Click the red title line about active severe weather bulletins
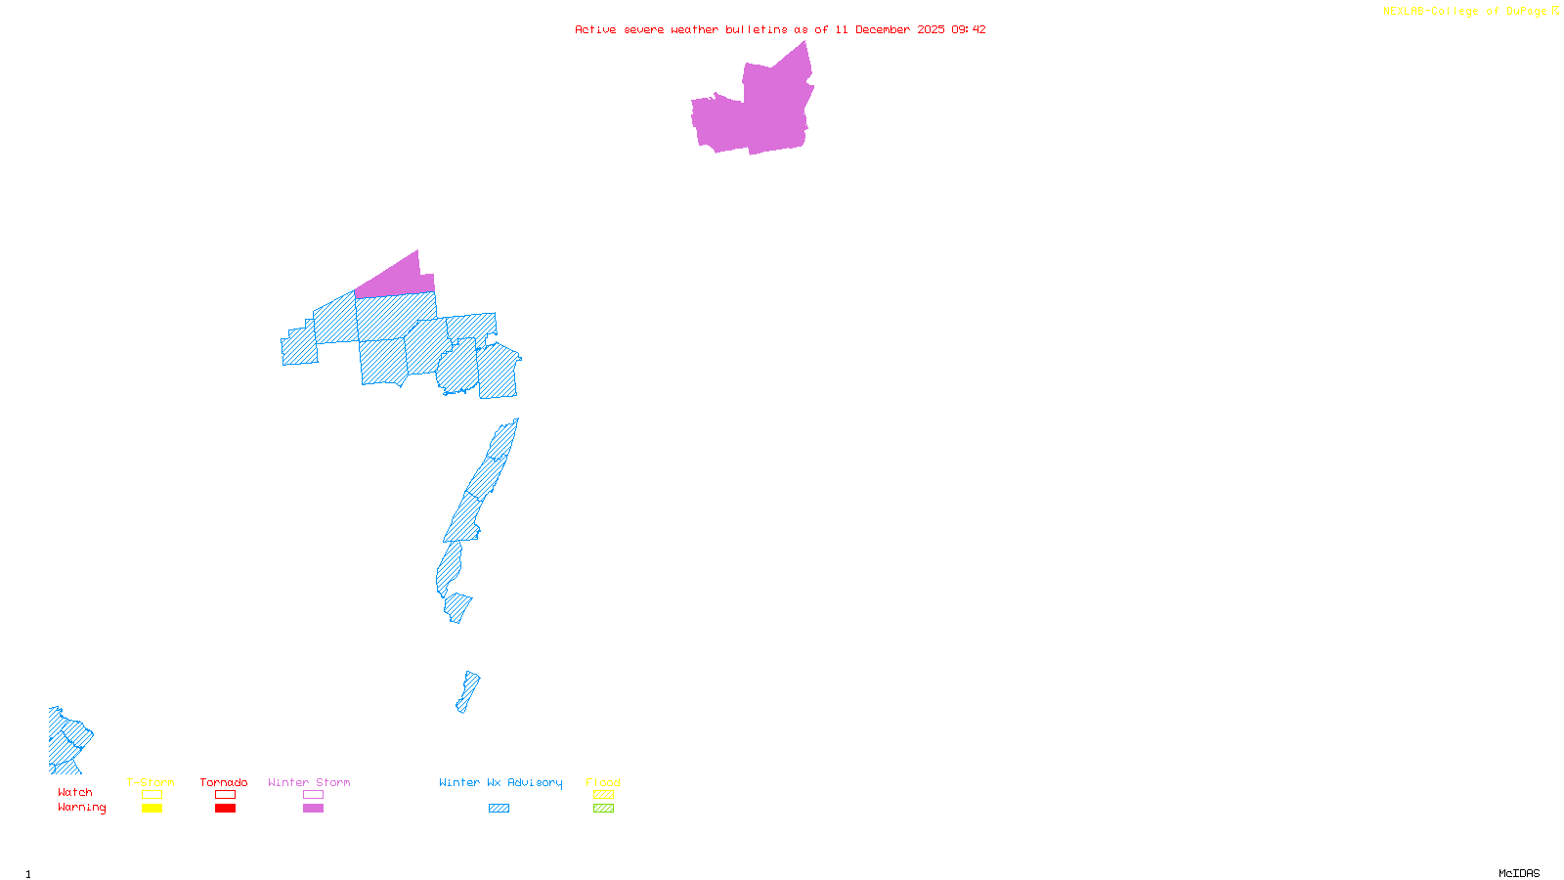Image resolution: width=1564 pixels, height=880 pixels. (780, 29)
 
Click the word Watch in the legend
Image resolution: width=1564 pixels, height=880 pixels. (75, 792)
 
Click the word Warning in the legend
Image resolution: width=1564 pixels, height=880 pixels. (82, 808)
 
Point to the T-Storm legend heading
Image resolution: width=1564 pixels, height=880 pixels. (151, 782)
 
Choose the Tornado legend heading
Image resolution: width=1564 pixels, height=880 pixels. (224, 782)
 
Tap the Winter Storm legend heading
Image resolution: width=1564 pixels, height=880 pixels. (309, 782)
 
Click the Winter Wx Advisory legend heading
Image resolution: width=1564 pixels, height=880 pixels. (500, 782)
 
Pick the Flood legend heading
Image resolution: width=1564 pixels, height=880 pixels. (603, 782)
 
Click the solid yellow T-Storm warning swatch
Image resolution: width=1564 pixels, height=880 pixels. (152, 809)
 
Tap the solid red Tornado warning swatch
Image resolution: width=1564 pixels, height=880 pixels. (226, 809)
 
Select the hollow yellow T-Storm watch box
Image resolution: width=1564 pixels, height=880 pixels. (152, 795)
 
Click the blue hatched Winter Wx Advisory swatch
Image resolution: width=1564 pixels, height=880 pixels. (499, 809)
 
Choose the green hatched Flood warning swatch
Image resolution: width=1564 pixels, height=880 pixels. (604, 809)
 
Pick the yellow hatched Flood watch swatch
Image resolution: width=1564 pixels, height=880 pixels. (604, 795)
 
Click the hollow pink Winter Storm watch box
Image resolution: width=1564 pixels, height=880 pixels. (313, 795)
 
